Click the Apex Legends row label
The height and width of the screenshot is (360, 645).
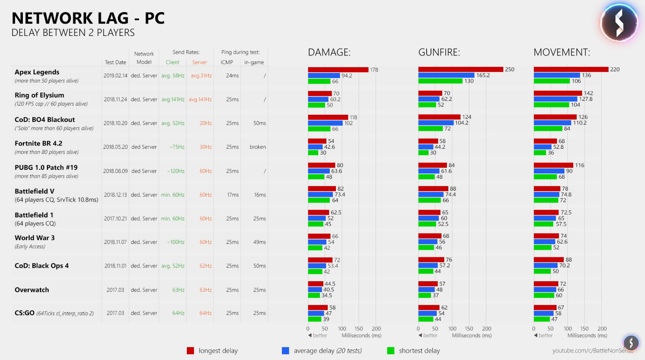(x=37, y=72)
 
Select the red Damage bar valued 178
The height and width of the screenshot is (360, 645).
(x=338, y=70)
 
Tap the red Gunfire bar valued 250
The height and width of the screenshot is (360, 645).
(x=461, y=69)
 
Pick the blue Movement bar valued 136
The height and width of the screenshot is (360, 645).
(x=557, y=75)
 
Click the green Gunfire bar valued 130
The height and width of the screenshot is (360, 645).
(x=440, y=81)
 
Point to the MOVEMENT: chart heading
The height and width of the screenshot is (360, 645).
(x=562, y=53)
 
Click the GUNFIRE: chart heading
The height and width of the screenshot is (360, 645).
(x=439, y=53)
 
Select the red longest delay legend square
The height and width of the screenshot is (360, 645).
(x=190, y=351)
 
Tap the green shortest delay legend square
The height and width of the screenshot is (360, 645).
(x=391, y=351)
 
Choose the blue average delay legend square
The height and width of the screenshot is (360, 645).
(x=285, y=351)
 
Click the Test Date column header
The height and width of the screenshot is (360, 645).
(x=115, y=62)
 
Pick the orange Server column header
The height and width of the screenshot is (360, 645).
(x=200, y=62)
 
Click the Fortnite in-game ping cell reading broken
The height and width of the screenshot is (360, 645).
(x=258, y=147)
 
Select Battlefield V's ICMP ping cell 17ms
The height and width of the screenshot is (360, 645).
(x=233, y=195)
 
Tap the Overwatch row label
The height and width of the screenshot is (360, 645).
(x=32, y=290)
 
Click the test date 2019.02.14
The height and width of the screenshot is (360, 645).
(x=115, y=75)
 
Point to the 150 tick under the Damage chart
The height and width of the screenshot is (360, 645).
(x=358, y=329)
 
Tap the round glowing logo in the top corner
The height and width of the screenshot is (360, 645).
(x=619, y=22)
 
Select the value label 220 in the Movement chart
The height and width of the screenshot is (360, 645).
(x=615, y=69)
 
